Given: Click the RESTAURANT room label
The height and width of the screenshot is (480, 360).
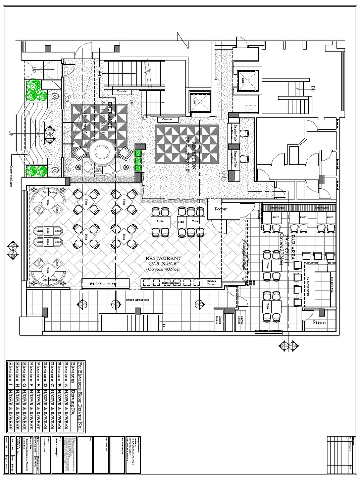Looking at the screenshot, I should pyautogui.click(x=163, y=258).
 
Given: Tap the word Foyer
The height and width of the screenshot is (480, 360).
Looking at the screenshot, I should pyautogui.click(x=220, y=209).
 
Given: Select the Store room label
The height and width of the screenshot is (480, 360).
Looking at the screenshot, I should pyautogui.click(x=319, y=323).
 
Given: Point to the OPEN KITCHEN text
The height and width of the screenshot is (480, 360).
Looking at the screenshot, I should pyautogui.click(x=136, y=300).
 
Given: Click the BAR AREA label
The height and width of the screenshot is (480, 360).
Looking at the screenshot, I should pyautogui.click(x=295, y=244).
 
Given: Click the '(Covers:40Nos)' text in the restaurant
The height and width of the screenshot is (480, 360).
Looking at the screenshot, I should pyautogui.click(x=163, y=270).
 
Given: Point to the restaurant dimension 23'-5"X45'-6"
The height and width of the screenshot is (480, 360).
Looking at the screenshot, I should pyautogui.click(x=163, y=264).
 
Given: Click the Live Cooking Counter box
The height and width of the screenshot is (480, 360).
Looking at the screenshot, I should pyautogui.click(x=106, y=283).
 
